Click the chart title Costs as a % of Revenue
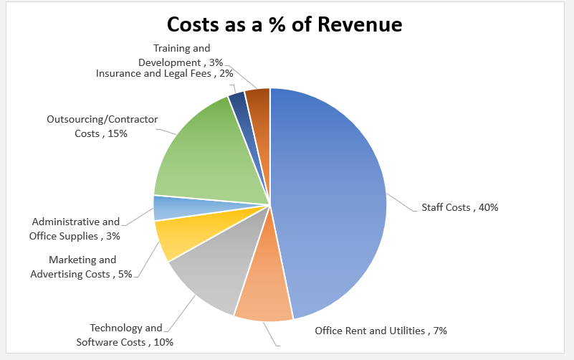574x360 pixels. [x=284, y=24]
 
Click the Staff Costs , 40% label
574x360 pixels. [x=459, y=207]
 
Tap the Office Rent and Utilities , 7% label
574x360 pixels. [x=381, y=331]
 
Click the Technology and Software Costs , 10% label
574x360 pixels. [x=125, y=335]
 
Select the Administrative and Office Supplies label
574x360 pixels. [x=75, y=229]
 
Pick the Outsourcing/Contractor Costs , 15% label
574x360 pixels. [x=102, y=126]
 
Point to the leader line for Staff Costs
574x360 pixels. [x=401, y=203]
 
